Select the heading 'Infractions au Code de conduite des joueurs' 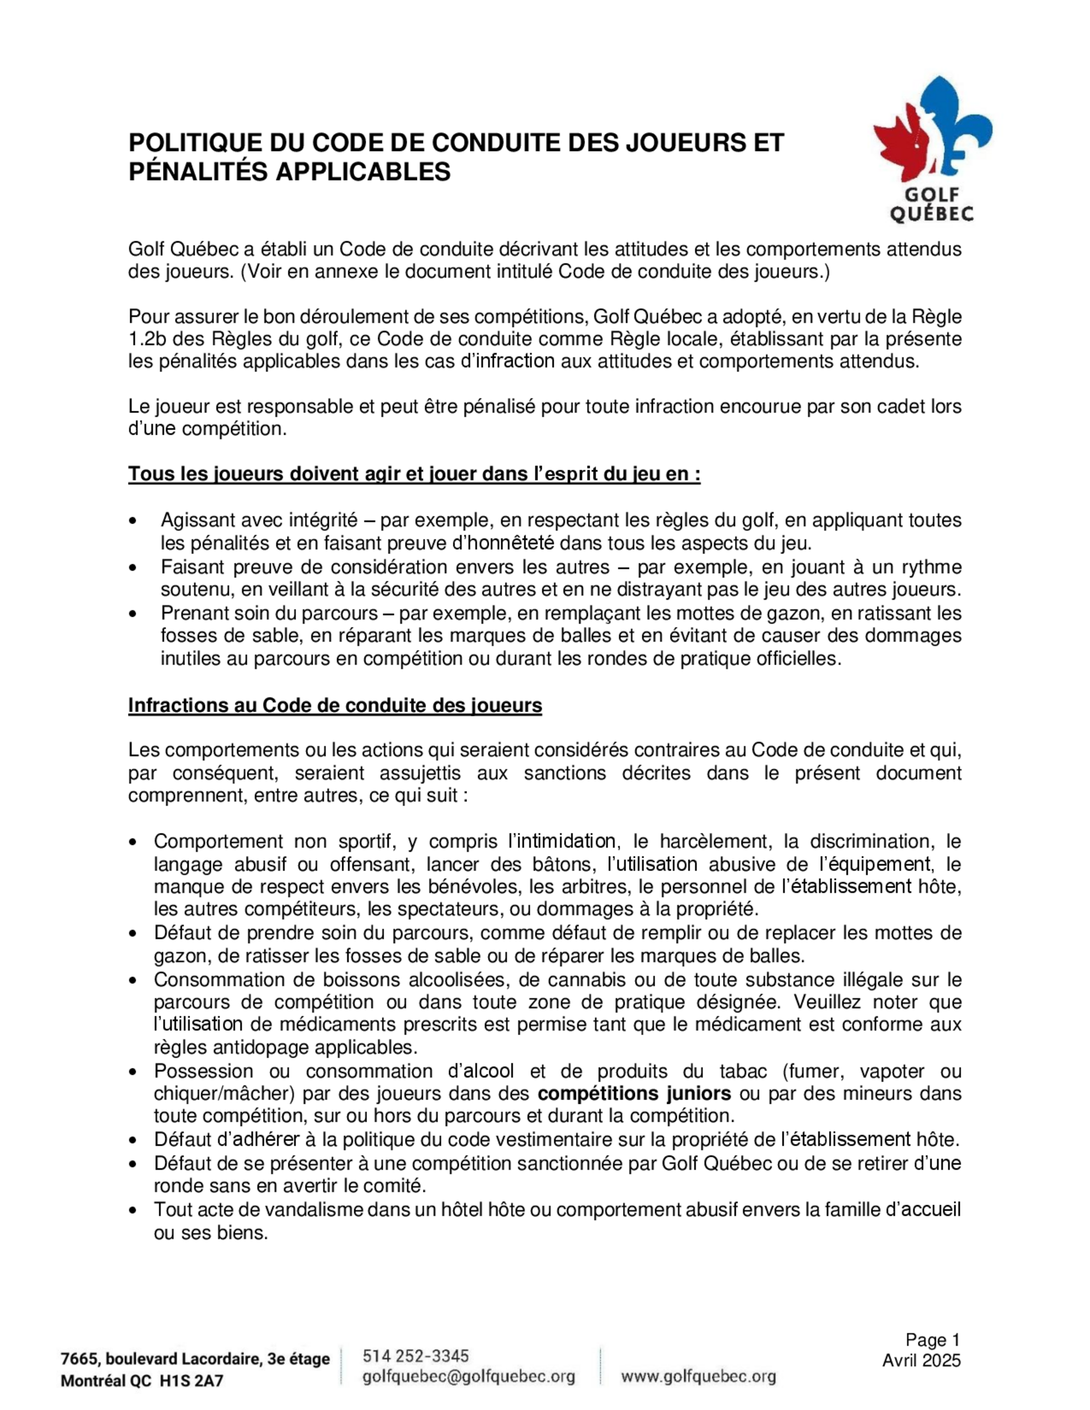pos(335,705)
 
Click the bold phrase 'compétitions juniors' pos(634,1093)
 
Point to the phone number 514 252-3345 pos(416,1355)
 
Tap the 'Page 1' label pos(932,1340)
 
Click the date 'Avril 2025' pos(922,1360)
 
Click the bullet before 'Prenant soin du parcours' pos(134,613)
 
